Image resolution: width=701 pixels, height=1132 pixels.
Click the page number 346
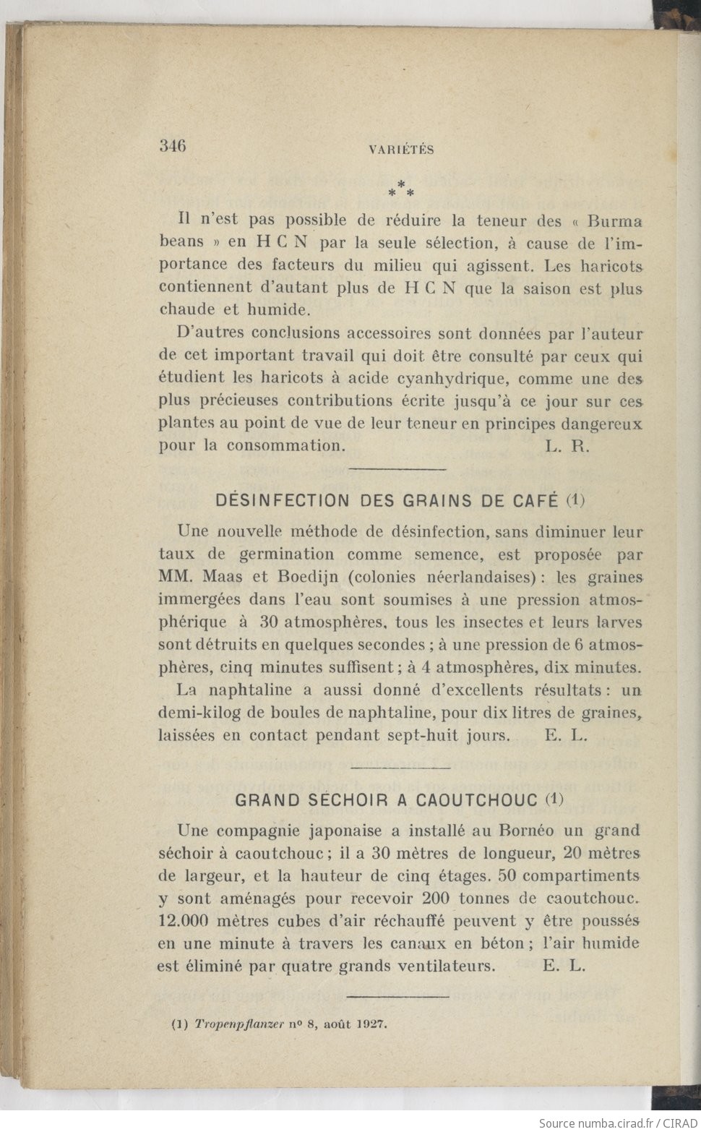point(173,145)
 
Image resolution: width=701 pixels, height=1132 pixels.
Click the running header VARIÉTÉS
point(401,150)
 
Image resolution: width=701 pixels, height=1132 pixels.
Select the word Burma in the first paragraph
point(614,220)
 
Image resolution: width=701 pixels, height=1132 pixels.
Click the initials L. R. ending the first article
point(568,446)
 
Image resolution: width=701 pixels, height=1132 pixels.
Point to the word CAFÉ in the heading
point(536,500)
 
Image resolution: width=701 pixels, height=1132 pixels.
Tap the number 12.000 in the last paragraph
point(184,921)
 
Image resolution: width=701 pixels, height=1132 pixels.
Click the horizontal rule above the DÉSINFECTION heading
point(397,471)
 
